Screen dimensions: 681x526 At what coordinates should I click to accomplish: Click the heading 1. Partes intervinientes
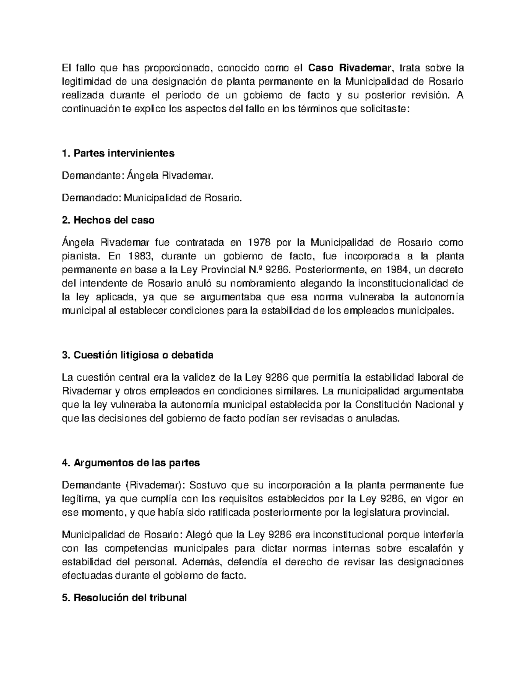118,153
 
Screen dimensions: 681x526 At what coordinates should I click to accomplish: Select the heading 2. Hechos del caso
108,220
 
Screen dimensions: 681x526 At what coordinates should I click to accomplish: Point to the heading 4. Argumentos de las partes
131,463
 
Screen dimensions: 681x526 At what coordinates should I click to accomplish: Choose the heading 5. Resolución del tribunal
124,598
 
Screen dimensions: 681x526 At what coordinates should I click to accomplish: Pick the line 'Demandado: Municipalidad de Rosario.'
152,198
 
